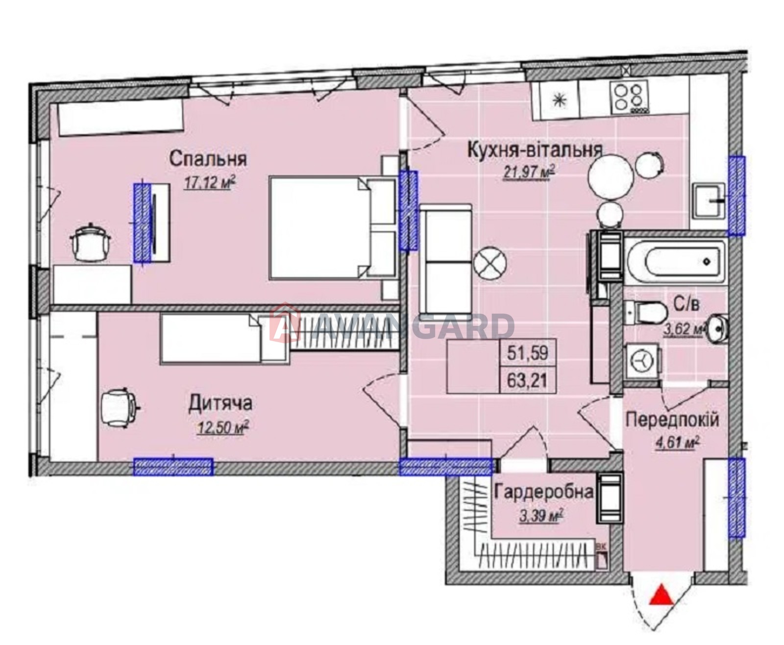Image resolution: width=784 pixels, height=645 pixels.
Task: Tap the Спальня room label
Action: [x=208, y=159]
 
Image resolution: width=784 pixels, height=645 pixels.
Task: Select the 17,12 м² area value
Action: [x=210, y=182]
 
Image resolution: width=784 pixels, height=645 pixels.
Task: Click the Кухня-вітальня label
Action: [x=535, y=150]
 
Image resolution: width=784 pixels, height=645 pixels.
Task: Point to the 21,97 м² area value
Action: [x=529, y=172]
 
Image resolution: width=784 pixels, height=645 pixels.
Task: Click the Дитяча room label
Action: [x=220, y=403]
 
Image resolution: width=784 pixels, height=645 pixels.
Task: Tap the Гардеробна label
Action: [x=543, y=492]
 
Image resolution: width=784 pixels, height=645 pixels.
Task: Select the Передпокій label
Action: [x=672, y=420]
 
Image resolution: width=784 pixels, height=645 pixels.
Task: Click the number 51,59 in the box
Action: [x=528, y=352]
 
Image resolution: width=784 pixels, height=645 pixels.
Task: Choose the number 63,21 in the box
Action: [x=528, y=380]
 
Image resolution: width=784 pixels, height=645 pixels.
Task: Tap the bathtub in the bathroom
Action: [x=675, y=263]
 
